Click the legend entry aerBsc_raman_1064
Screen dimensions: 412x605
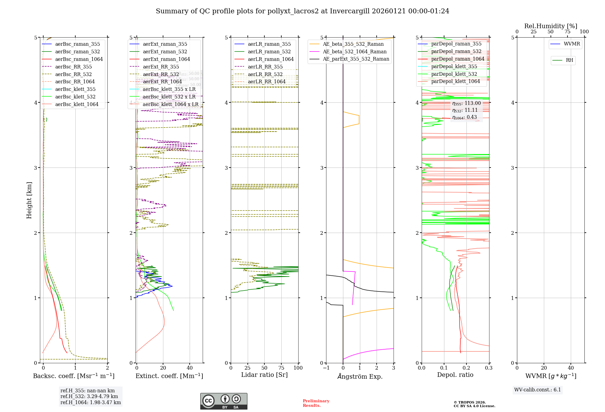pyautogui.click(x=79, y=59)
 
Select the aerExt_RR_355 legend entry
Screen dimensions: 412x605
pyautogui.click(x=161, y=67)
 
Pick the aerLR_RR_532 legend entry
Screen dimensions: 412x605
pyautogui.click(x=265, y=75)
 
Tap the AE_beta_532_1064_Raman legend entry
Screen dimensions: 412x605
pyautogui.click(x=355, y=52)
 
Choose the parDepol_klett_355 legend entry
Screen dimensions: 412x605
pyautogui.click(x=454, y=67)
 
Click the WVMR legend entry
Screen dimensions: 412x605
pyautogui.click(x=572, y=44)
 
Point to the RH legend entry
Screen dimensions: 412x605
pyautogui.click(x=569, y=60)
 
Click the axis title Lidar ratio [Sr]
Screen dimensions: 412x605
pyautogui.click(x=264, y=375)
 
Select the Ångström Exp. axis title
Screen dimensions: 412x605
pyautogui.click(x=360, y=377)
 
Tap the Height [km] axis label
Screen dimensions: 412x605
pyautogui.click(x=29, y=200)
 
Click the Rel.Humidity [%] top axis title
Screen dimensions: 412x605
pyautogui.click(x=551, y=26)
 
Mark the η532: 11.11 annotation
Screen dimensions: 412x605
pyautogui.click(x=465, y=110)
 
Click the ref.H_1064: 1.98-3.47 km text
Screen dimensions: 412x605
pyautogui.click(x=90, y=403)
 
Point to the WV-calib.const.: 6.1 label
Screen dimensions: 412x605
pyautogui.click(x=538, y=390)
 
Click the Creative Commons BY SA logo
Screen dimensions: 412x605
pyautogui.click(x=224, y=401)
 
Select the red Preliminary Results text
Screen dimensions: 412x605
pyautogui.click(x=316, y=403)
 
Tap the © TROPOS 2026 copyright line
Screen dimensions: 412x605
pyautogui.click(x=470, y=403)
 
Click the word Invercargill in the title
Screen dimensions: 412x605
pyautogui.click(x=350, y=11)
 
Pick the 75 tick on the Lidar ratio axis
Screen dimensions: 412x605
pyautogui.click(x=281, y=368)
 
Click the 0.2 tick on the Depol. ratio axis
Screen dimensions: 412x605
pyautogui.click(x=466, y=368)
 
